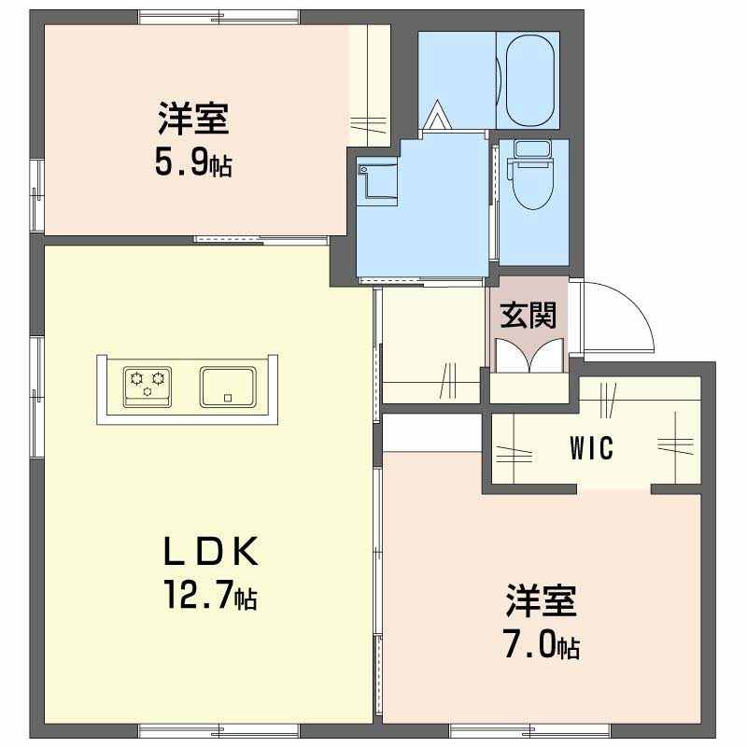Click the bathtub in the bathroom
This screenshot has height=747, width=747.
[529, 79]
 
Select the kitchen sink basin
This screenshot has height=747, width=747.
[228, 387]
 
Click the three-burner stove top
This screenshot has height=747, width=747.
[148, 387]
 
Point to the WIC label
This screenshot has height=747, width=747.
[591, 448]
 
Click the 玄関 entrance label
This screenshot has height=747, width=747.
[529, 315]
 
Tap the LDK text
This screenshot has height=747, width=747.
[211, 551]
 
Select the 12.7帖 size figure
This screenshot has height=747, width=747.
[210, 595]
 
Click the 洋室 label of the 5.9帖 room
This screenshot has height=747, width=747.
[194, 118]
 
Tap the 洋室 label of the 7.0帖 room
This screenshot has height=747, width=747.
[542, 600]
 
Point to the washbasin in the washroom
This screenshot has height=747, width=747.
[378, 182]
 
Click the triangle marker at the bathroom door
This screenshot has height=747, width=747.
[437, 115]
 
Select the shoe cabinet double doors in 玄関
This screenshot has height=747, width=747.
[529, 356]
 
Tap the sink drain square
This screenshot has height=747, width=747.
[228, 398]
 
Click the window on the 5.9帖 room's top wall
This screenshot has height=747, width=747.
[219, 17]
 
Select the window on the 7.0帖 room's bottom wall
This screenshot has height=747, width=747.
[530, 730]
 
